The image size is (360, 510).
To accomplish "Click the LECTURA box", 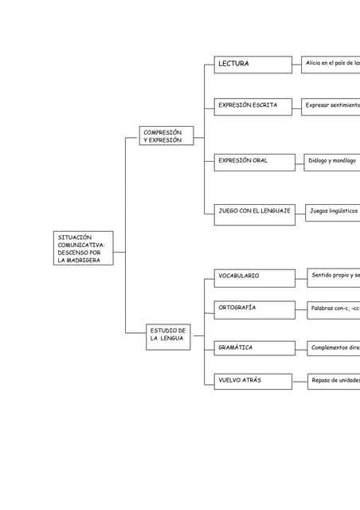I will pos(253,64).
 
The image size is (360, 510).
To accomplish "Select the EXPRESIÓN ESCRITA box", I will pos(253,105).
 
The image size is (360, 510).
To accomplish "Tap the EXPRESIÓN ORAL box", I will pos(253,161).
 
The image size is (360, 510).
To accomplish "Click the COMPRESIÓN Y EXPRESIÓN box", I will pos(166,136).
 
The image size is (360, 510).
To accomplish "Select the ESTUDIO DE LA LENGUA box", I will pos(168,335).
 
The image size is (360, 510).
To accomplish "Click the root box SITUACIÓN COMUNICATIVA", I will pos(84,249).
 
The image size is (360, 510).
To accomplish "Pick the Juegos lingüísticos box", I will pos(334,211).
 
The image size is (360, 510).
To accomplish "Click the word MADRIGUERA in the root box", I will pos(79,260).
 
